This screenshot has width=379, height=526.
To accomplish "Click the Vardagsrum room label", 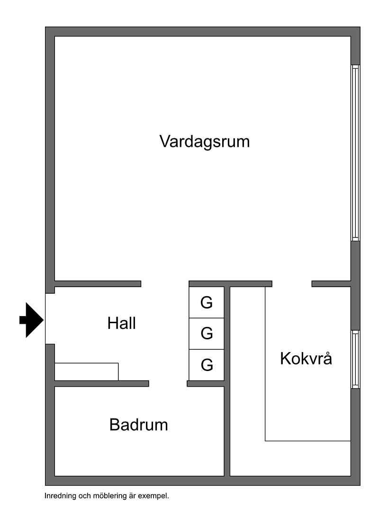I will [x=204, y=141].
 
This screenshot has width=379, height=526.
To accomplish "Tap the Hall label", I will [x=121, y=324].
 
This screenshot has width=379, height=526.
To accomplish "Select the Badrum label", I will [x=138, y=425].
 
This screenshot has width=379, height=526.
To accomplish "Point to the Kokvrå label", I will [x=306, y=358].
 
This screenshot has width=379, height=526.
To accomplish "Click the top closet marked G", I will [x=206, y=302].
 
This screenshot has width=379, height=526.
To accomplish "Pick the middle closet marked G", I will [x=206, y=334].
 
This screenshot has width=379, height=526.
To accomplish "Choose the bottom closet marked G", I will [x=206, y=365].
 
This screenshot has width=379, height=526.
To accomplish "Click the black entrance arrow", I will [x=31, y=320].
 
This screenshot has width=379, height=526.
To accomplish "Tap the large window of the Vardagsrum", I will [x=355, y=153].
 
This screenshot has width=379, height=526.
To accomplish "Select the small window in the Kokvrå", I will [x=355, y=359].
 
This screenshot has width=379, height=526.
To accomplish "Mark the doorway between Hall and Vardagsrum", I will [x=165, y=284].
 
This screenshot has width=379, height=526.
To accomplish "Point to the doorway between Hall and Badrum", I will [x=168, y=383].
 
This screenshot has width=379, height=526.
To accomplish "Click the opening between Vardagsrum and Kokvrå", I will [x=292, y=284].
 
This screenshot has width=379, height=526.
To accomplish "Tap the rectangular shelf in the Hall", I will [x=87, y=372].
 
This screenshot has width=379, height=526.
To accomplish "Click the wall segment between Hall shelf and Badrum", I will [x=102, y=383].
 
